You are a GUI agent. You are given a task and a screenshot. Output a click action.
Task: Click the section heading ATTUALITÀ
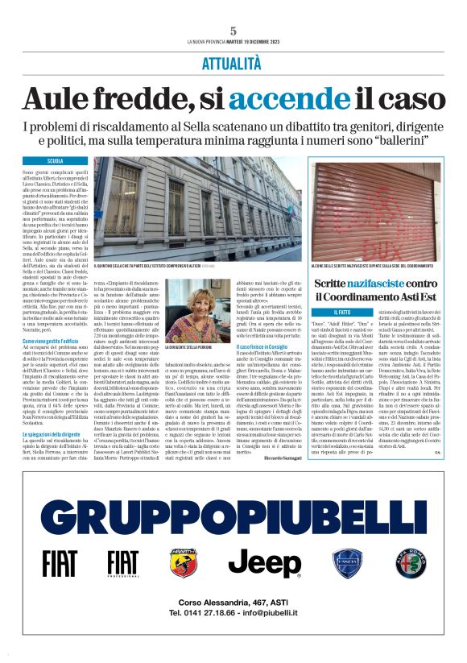point(233,63)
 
